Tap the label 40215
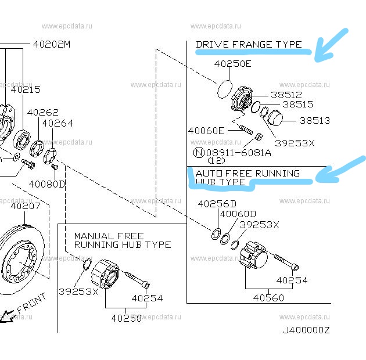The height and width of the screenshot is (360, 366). tap(26, 90)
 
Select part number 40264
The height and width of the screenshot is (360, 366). tap(58, 123)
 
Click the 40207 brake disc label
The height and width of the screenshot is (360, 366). tap(26, 206)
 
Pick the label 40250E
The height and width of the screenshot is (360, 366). tap(233, 64)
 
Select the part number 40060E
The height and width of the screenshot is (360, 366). tap(206, 131)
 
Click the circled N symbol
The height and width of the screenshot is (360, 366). tap(199, 153)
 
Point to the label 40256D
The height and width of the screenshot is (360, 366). tap(217, 204)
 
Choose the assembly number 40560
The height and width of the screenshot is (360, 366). tap(269, 297)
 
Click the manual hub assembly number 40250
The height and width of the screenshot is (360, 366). tap(127, 318)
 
